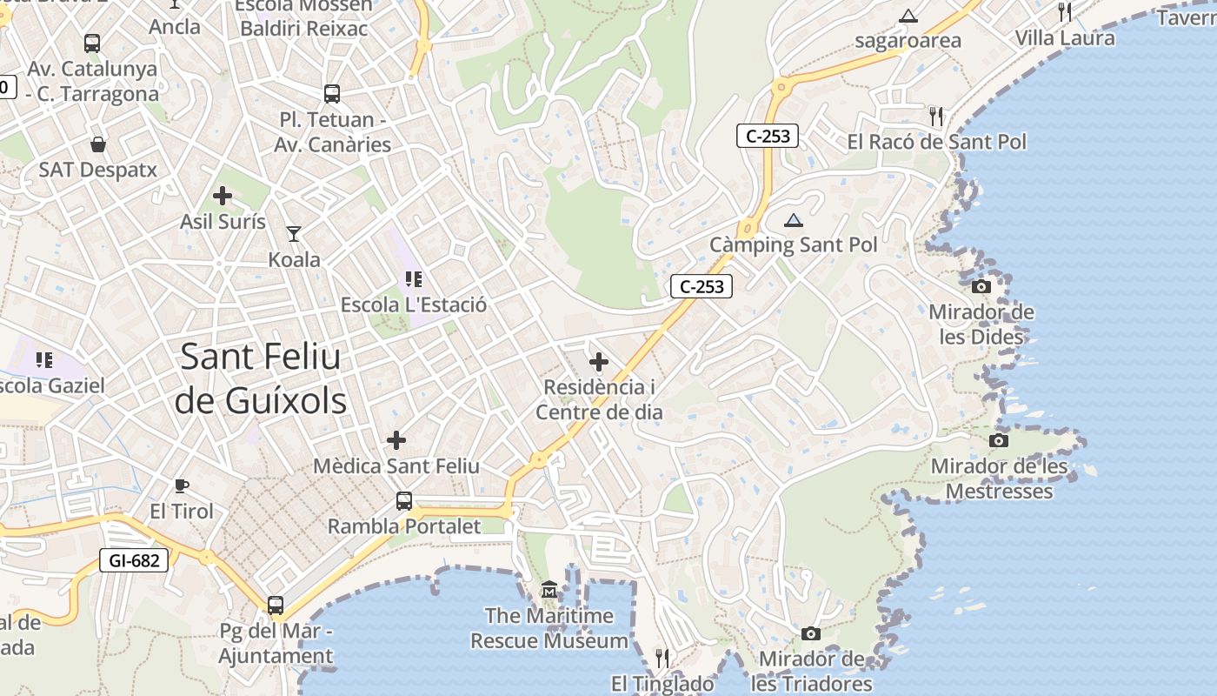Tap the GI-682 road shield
(x=135, y=560)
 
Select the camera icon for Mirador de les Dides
(x=981, y=286)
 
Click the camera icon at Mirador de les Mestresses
(x=999, y=440)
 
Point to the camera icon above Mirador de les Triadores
(x=811, y=633)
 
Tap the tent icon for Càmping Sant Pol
(x=793, y=220)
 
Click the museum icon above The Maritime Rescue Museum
(x=549, y=591)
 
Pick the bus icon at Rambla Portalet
(x=404, y=501)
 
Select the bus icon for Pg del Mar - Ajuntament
(x=276, y=606)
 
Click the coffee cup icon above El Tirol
(x=181, y=485)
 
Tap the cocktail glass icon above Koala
(x=294, y=234)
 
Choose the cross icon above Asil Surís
(x=223, y=196)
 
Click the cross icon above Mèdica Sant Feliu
(x=396, y=440)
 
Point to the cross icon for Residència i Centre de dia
(x=599, y=362)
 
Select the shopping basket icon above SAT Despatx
(x=98, y=144)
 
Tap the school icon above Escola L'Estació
(x=414, y=279)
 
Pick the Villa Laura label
(x=1065, y=38)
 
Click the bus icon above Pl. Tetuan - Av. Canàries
(x=332, y=94)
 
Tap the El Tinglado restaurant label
(x=662, y=684)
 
